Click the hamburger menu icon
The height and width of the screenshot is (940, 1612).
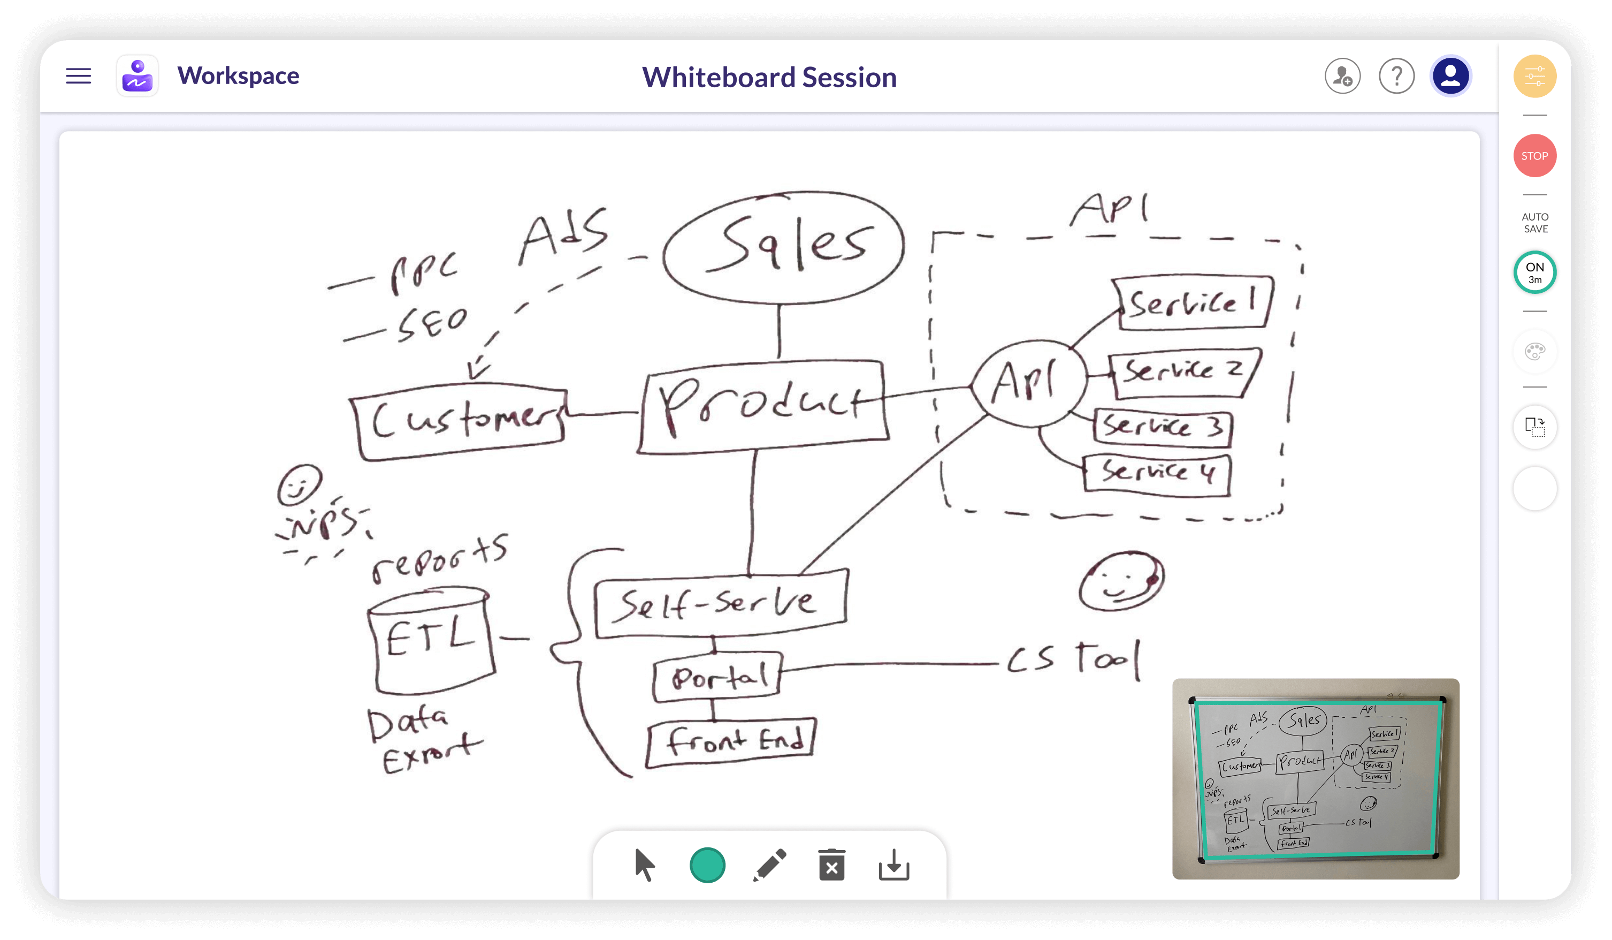coord(79,76)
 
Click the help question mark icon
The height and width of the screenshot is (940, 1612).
coord(1396,76)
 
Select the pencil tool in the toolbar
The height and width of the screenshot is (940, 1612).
coord(769,865)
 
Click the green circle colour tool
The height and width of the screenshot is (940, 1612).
coord(707,865)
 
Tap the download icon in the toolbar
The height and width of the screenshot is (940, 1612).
coord(893,865)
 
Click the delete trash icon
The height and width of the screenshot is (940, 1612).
coord(831,865)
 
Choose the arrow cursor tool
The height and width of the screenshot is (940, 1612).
coord(644,865)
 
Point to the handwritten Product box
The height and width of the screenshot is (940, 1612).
coord(762,406)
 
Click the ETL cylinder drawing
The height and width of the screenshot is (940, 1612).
coord(431,640)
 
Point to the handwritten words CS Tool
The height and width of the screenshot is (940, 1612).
coord(1073,659)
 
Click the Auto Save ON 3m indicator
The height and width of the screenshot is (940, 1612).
coord(1534,272)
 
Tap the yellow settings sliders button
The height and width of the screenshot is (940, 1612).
coord(1534,76)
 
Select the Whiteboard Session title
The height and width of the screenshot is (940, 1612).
coord(769,78)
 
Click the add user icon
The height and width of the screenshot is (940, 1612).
coord(1342,76)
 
